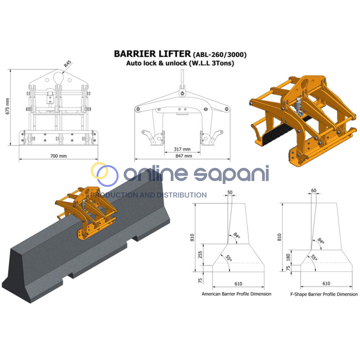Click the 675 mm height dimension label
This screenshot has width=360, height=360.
(x=7, y=106)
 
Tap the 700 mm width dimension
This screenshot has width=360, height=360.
(x=59, y=156)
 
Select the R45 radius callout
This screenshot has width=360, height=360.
(x=67, y=64)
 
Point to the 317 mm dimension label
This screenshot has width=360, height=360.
(x=182, y=149)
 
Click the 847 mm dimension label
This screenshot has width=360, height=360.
(x=184, y=156)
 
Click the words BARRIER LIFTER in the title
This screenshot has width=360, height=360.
(x=152, y=54)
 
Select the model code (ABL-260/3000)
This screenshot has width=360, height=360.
(x=220, y=55)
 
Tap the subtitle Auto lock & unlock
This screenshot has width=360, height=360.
(x=157, y=63)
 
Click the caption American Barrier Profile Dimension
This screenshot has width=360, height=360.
(x=236, y=294)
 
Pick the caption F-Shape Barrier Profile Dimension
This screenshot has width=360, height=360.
(x=324, y=294)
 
